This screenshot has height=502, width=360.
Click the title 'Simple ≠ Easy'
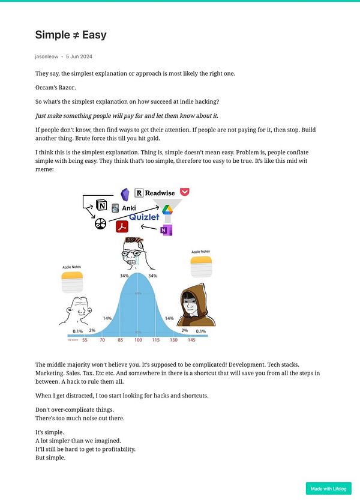(x=71, y=35)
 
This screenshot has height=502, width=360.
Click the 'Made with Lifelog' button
(x=328, y=488)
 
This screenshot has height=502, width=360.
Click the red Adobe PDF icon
(x=122, y=226)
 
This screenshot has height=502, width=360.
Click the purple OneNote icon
(x=166, y=231)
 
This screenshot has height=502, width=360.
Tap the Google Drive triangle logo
(x=167, y=209)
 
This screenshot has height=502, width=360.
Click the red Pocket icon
(x=185, y=192)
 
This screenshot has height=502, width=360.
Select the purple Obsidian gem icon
(x=125, y=193)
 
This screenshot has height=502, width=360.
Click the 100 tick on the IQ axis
(x=138, y=340)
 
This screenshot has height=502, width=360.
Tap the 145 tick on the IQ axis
(x=191, y=340)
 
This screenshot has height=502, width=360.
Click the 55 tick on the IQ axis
(x=85, y=340)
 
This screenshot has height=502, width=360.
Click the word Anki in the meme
(x=128, y=208)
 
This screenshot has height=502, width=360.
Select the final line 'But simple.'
(x=50, y=458)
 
